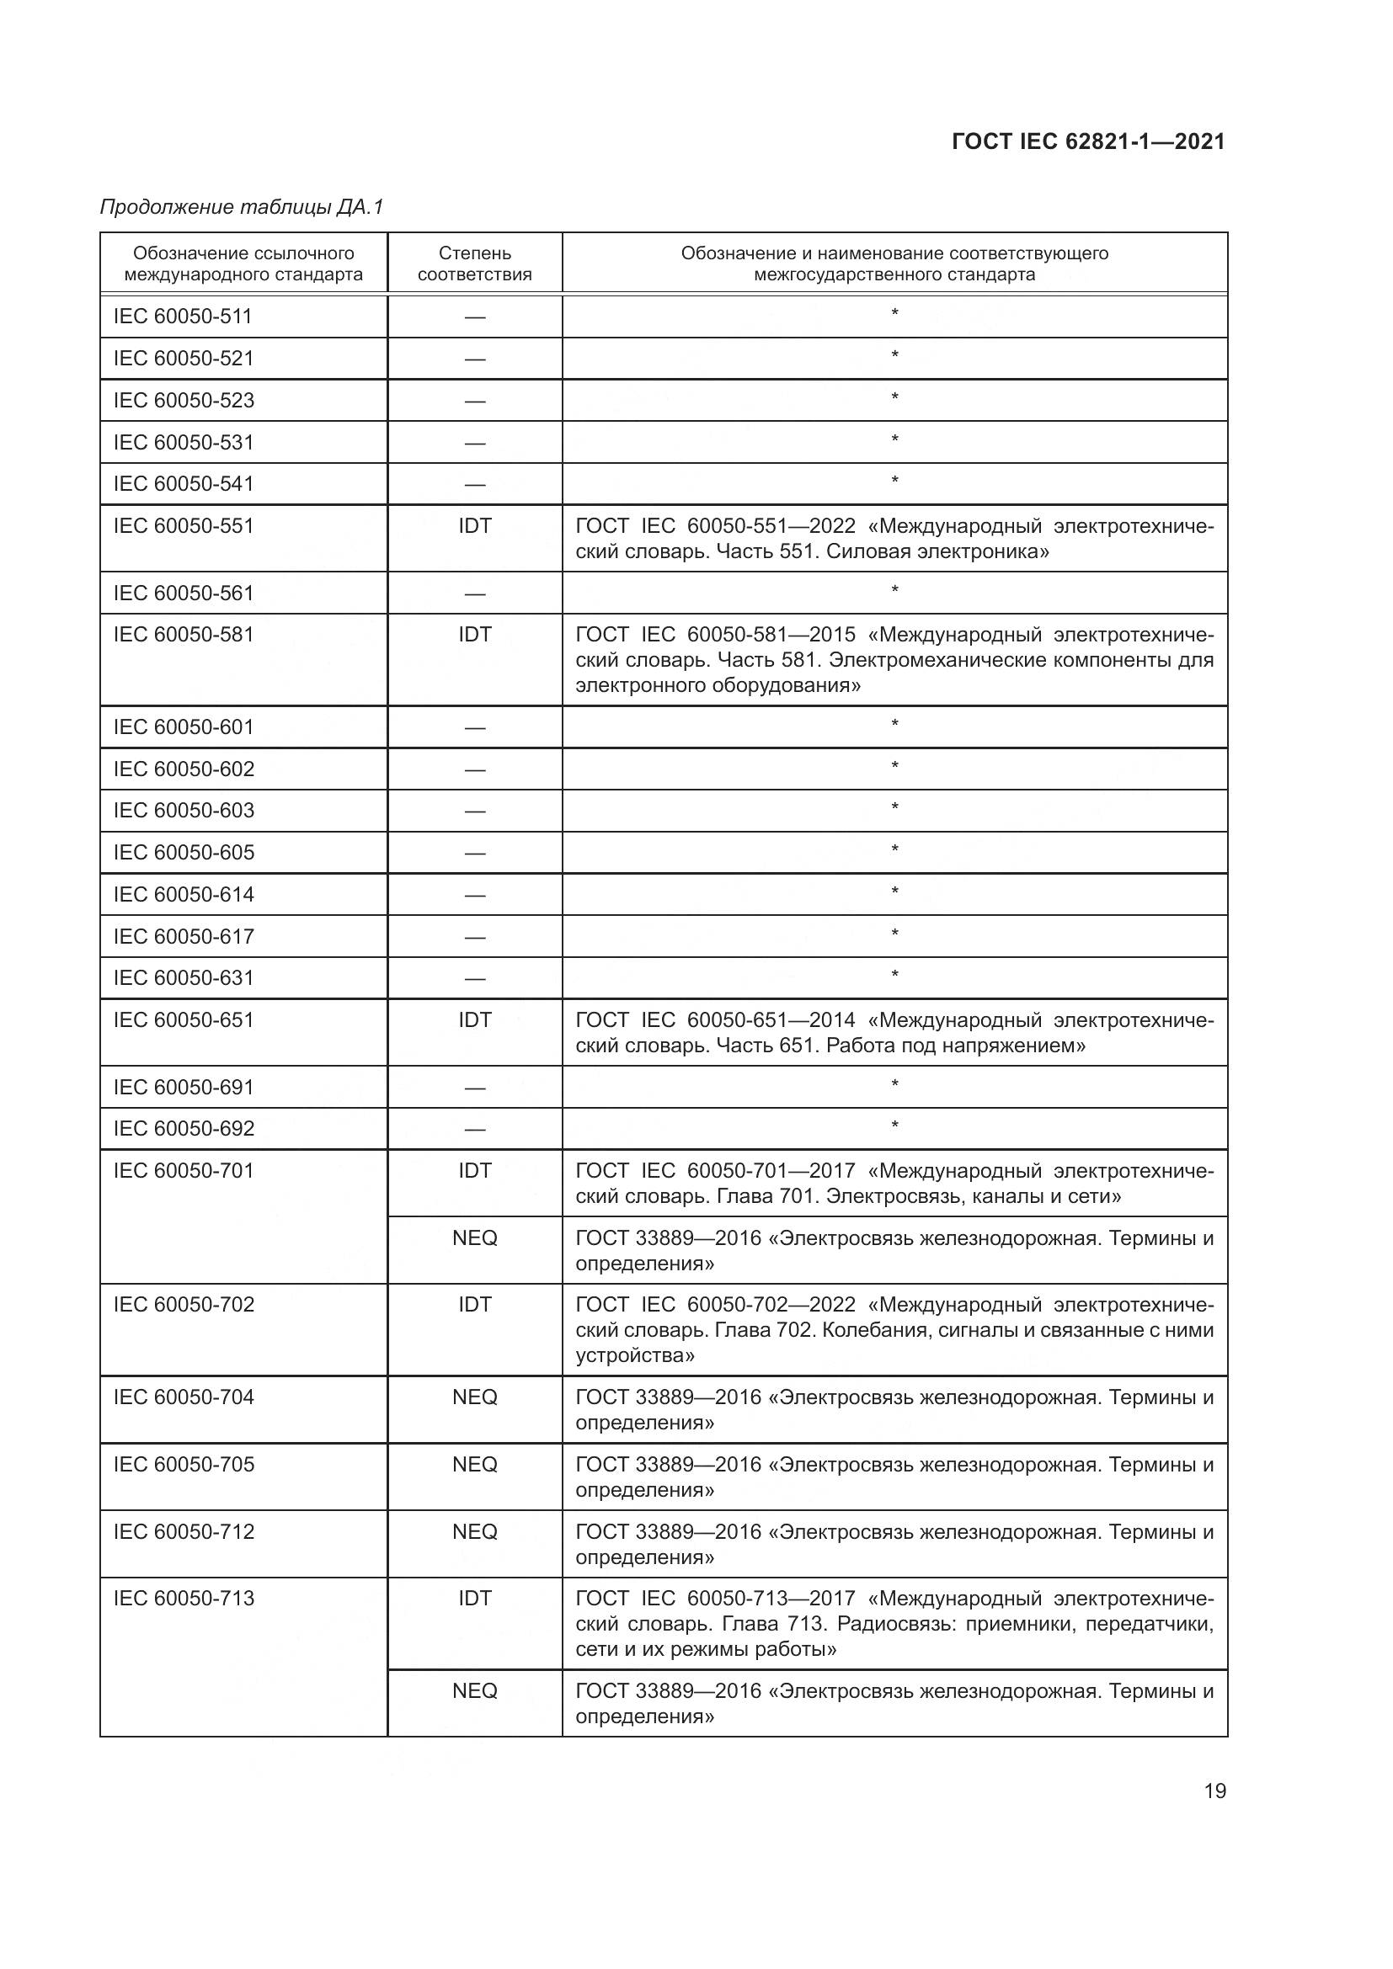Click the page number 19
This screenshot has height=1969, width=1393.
click(1214, 1791)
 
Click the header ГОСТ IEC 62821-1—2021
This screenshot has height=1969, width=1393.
click(1087, 142)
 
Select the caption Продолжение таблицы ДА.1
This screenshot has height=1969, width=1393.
click(242, 207)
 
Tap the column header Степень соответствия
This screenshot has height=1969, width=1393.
click(474, 263)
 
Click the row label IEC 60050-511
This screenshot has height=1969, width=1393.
click(183, 317)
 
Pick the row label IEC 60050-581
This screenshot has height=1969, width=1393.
click(184, 635)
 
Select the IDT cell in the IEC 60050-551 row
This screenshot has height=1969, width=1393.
click(474, 525)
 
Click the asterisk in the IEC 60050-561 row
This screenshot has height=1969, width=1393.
click(894, 590)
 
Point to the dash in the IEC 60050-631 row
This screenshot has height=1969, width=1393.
click(474, 978)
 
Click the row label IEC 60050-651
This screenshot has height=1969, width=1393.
click(184, 1019)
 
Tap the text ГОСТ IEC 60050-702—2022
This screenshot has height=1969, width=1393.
click(715, 1304)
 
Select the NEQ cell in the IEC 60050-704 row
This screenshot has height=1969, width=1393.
click(474, 1397)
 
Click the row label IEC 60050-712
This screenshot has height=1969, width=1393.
click(184, 1531)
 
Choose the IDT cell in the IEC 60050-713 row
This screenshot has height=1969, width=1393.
click(474, 1599)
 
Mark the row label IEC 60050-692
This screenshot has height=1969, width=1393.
click(184, 1129)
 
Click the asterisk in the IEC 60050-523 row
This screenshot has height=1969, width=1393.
click(894, 397)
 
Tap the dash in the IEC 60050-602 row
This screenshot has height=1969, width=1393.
click(474, 769)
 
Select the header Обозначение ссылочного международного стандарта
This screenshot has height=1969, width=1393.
click(243, 263)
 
